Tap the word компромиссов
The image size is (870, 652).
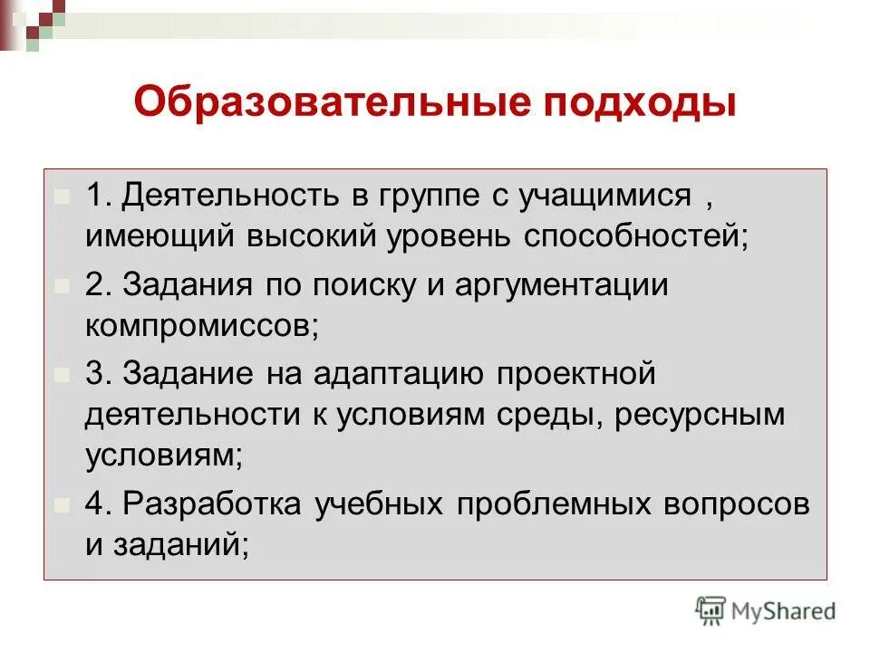(202, 325)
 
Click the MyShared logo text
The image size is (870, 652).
(784, 611)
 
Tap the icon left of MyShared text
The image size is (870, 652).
(711, 610)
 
